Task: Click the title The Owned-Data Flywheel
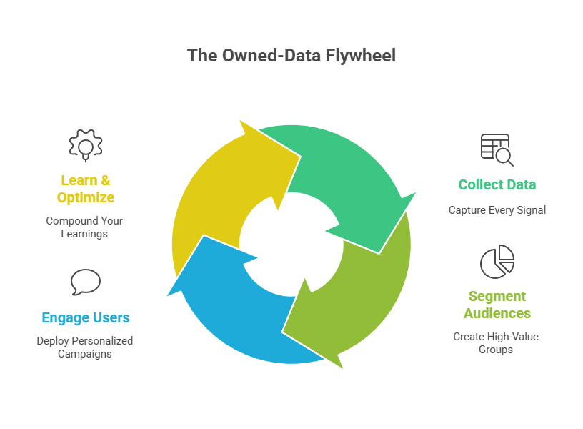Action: coord(291,55)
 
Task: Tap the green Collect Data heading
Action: coord(497,184)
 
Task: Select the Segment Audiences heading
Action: coord(497,305)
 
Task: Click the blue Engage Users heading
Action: coord(86,317)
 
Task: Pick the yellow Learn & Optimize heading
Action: coord(86,189)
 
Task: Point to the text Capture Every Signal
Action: coord(497,210)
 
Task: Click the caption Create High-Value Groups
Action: coord(497,343)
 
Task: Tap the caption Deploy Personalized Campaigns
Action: coord(85,347)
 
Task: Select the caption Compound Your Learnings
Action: coord(85,227)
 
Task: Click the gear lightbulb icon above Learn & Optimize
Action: coord(86,144)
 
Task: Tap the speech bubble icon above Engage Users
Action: coord(86,282)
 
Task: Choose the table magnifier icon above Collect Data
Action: coord(497,149)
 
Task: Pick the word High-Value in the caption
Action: coord(510,336)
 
